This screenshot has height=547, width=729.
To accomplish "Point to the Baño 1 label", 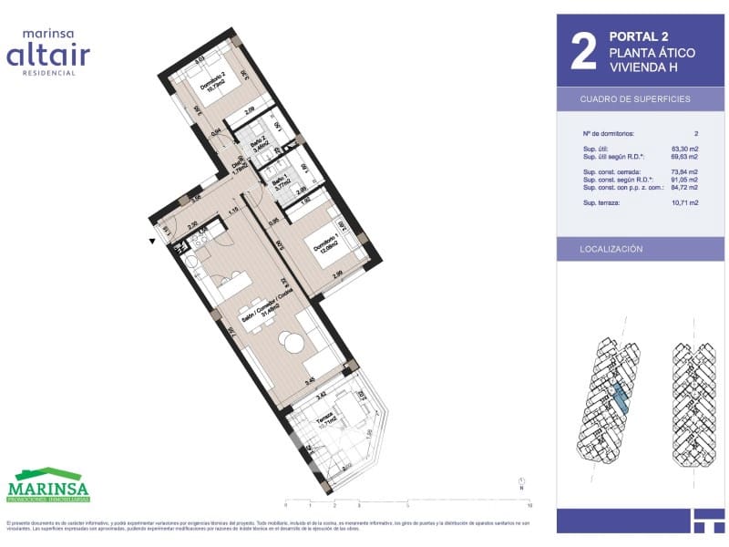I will (281, 181).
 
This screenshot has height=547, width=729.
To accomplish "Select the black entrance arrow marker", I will (151, 242).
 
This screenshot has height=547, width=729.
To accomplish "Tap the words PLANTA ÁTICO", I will (652, 53).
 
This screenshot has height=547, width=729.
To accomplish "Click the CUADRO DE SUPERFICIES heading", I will (635, 98).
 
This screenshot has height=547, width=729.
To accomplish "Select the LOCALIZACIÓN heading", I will (611, 249).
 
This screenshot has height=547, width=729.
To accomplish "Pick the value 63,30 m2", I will (684, 149).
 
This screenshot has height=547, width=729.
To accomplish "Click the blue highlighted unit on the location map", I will (619, 396).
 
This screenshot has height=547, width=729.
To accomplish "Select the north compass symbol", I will (520, 482).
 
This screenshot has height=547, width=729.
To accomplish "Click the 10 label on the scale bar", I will (529, 504).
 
